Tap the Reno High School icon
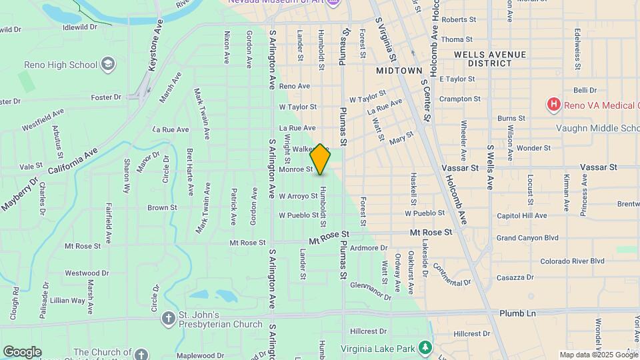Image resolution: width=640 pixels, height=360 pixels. pos(108,64)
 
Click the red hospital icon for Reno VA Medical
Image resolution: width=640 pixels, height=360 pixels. pos(553,105)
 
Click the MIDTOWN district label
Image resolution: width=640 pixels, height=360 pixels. pos(399,70)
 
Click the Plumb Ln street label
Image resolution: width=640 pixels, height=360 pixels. pos(517,313)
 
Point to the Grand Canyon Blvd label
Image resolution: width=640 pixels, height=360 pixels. pos(527,238)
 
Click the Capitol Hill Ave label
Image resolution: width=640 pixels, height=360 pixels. pos(522,215)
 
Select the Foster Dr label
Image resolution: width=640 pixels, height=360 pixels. pos(106,97)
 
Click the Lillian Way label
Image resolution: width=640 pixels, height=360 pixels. pos(67,301)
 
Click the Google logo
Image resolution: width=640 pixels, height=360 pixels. pos(22,351)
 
